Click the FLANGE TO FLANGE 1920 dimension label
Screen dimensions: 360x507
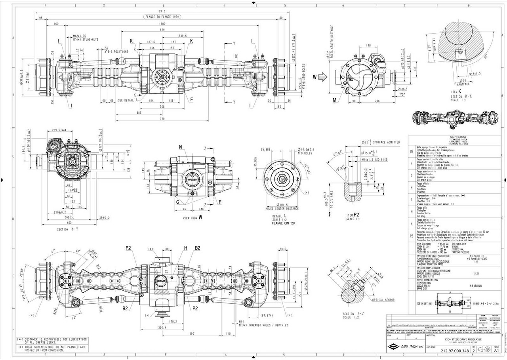point(162,17)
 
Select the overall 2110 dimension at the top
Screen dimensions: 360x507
point(162,11)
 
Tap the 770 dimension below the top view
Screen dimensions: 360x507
point(162,119)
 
